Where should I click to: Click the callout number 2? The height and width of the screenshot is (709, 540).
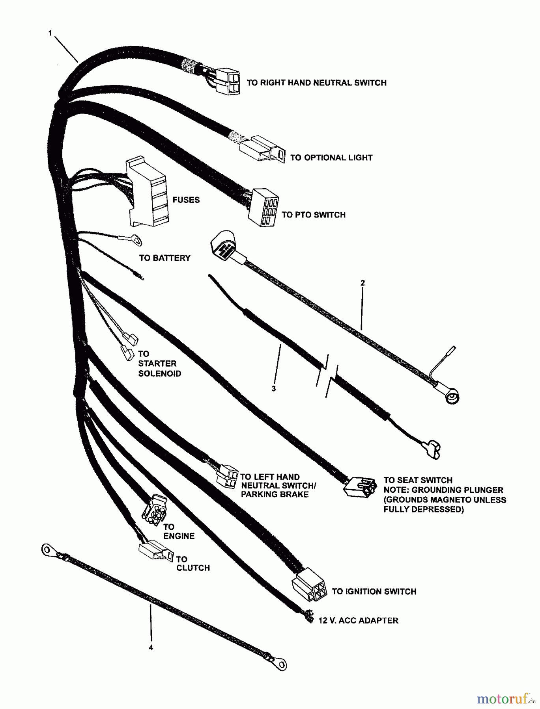(x=362, y=283)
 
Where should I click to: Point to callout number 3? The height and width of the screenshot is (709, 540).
(x=274, y=388)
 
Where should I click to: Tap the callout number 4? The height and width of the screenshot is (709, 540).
(x=151, y=647)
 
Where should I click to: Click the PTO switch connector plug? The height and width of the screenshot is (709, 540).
(x=263, y=207)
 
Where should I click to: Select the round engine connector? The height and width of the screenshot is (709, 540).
(x=154, y=511)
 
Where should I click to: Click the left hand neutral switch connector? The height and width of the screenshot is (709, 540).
(x=226, y=475)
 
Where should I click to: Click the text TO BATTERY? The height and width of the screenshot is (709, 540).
(x=164, y=258)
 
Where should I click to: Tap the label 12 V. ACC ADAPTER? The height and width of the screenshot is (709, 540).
(x=358, y=621)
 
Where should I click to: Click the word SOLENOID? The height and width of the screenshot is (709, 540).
(x=159, y=373)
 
